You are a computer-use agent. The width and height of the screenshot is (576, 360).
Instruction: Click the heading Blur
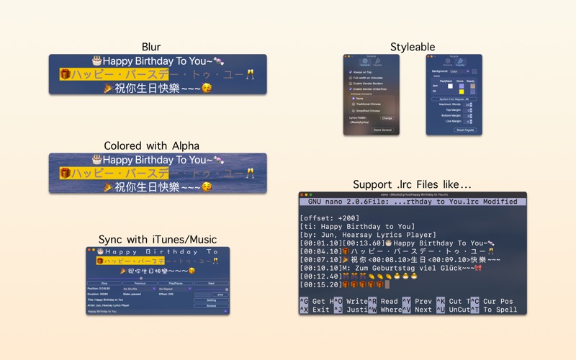click(x=151, y=47)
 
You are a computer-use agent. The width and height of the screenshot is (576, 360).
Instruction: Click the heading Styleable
click(x=413, y=47)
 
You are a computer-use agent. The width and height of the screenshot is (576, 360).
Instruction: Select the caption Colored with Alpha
click(x=151, y=145)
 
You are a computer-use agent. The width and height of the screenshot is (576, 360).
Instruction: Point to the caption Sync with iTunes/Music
click(x=158, y=239)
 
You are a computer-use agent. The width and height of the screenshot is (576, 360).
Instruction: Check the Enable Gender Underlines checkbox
click(x=351, y=89)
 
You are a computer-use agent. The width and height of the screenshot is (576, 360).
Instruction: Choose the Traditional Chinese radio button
click(x=353, y=104)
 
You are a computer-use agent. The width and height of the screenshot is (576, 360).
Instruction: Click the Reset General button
click(x=382, y=130)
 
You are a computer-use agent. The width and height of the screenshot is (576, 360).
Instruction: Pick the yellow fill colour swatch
click(x=461, y=91)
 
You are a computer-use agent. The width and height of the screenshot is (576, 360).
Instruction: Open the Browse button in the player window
click(x=211, y=305)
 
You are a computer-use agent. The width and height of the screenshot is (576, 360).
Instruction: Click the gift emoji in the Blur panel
click(x=65, y=74)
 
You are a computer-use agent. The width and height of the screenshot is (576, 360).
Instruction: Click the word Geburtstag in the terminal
click(x=410, y=268)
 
